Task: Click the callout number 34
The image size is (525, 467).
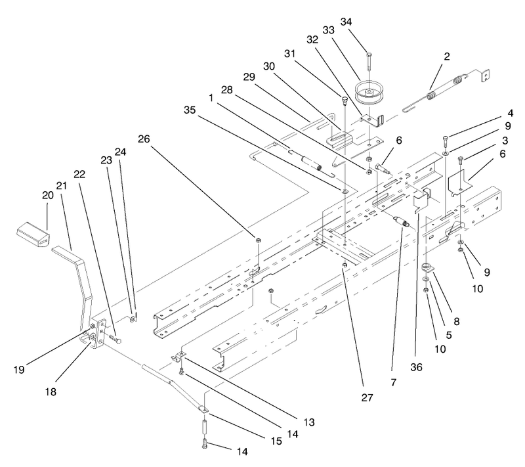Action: pos(346,22)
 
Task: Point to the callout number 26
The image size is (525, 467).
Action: pos(144,139)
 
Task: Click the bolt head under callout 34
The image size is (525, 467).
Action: pos(369,54)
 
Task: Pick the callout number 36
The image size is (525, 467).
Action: pos(416,367)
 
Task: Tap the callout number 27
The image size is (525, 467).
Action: pos(367,397)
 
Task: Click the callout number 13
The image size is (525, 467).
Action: pos(309,422)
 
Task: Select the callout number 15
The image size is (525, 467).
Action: pos(276,441)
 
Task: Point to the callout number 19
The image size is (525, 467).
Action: pos(19,370)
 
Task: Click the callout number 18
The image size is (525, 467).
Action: pos(51,391)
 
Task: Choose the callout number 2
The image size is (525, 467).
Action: pos(447,56)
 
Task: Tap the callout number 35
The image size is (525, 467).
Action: pos(190,110)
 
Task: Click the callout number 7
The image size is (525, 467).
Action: pos(393,382)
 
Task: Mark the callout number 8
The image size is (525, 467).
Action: pos(456,322)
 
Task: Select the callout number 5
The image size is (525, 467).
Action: pos(449,335)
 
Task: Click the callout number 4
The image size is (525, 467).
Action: pos(510,113)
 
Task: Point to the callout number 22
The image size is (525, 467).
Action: pos(79,174)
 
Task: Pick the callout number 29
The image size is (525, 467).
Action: pos(249,77)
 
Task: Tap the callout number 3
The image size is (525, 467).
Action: pos(505,141)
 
